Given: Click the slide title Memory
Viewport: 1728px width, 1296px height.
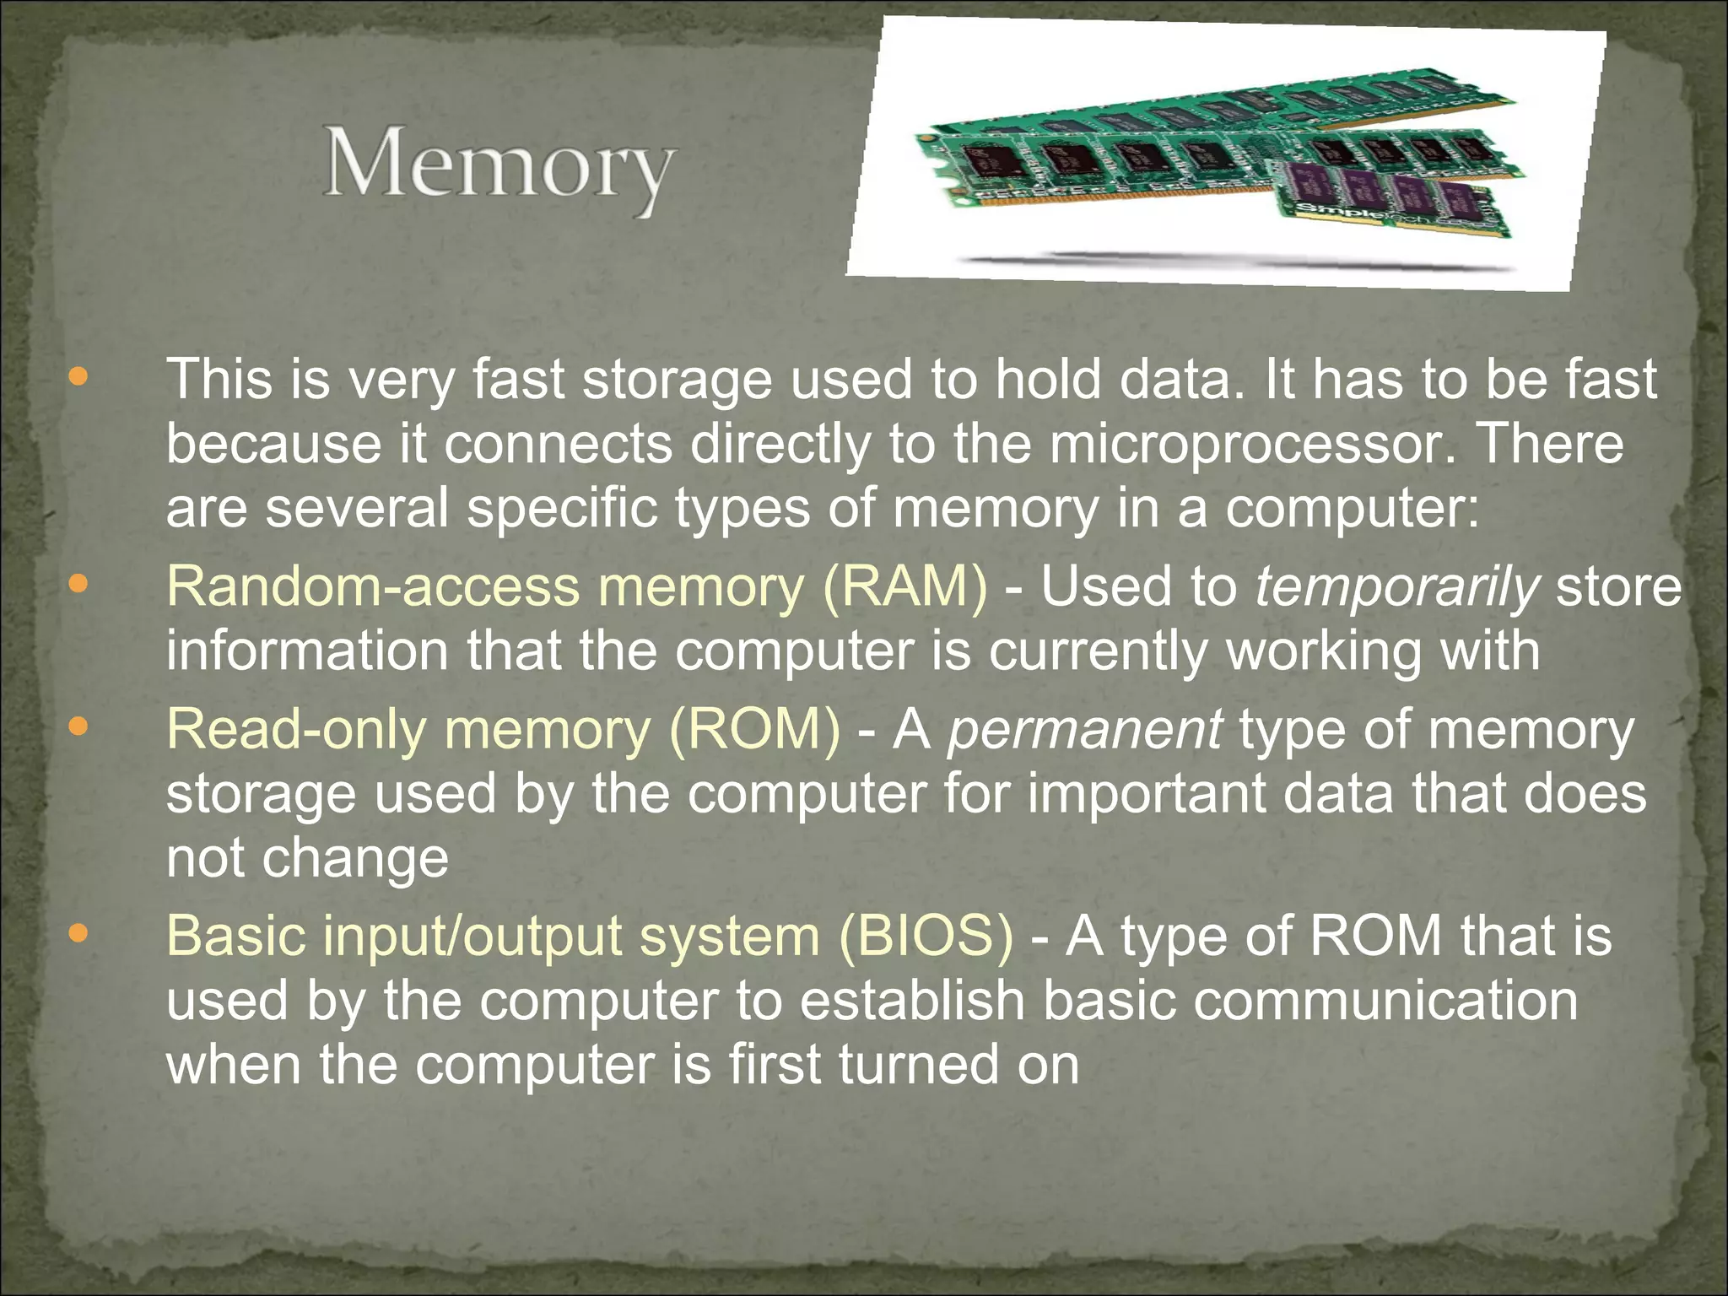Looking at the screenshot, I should click(x=499, y=164).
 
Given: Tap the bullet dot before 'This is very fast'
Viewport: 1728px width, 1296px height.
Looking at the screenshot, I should click(x=78, y=376).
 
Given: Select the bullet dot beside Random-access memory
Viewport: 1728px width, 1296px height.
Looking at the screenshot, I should click(x=78, y=584).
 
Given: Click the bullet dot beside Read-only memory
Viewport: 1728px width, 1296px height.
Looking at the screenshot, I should click(x=78, y=726).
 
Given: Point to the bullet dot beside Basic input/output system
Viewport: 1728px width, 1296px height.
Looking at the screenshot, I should click(x=78, y=933).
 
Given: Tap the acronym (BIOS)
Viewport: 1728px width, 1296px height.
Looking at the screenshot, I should click(x=926, y=937).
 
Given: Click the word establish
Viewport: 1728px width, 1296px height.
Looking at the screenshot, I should click(x=911, y=1001).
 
